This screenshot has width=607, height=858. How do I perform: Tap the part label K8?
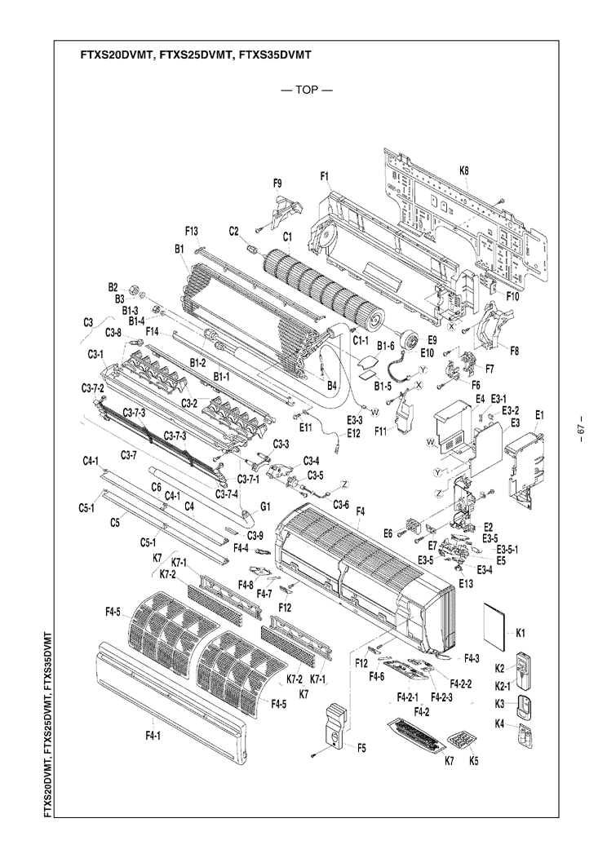pyautogui.click(x=464, y=171)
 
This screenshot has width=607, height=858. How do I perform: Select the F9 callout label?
pyautogui.click(x=277, y=184)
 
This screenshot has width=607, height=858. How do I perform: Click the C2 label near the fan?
pyautogui.click(x=233, y=231)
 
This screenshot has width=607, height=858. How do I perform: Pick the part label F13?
pyautogui.click(x=192, y=231)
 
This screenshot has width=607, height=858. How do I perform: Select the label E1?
pyautogui.click(x=538, y=415)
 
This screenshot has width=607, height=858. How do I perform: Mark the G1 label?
pyautogui.click(x=265, y=506)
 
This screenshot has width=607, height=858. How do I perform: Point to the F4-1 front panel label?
pyautogui.click(x=153, y=736)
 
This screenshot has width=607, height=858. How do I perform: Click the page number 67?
pyautogui.click(x=581, y=430)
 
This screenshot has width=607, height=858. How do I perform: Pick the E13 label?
pyautogui.click(x=466, y=583)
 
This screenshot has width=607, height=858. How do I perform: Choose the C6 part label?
pyautogui.click(x=156, y=486)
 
